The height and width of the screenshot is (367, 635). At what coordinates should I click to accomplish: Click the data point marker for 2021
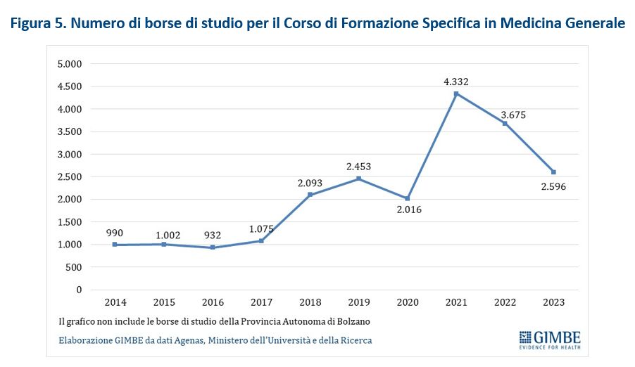[x=456, y=94]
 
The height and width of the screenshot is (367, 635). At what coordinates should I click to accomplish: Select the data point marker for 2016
[x=213, y=247]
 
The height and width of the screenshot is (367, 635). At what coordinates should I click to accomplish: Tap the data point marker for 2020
[x=408, y=198]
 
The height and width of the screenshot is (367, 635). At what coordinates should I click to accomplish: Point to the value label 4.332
[x=456, y=82]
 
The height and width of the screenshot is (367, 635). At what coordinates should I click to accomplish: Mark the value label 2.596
[x=553, y=187]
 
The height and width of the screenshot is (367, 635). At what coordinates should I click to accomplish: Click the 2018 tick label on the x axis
[x=310, y=302]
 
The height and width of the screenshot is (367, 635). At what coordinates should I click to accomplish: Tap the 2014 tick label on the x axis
[x=115, y=302]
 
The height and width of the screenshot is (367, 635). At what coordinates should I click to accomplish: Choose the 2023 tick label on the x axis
[x=553, y=302]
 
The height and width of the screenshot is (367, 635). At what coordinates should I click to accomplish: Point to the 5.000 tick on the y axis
[x=70, y=64]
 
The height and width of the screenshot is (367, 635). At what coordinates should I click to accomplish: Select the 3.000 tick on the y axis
[x=70, y=154]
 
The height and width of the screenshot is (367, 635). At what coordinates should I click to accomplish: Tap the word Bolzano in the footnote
[x=353, y=321]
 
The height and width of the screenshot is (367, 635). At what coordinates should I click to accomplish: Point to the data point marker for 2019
[x=359, y=179]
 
